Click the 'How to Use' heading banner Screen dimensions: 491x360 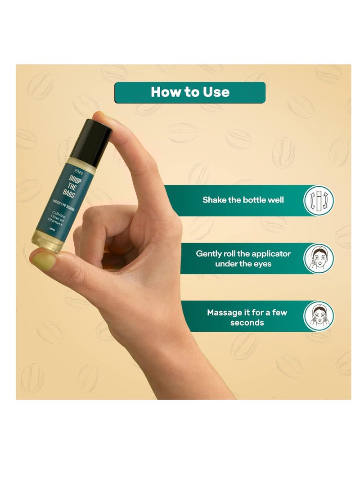(189, 92)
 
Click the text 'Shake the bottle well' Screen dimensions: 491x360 (243, 200)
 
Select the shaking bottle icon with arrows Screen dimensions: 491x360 (319, 200)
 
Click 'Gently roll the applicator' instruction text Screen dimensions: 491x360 (243, 254)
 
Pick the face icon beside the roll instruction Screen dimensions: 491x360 (319, 258)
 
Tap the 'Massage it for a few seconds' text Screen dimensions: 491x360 (247, 317)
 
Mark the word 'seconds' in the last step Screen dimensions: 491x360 (247, 323)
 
